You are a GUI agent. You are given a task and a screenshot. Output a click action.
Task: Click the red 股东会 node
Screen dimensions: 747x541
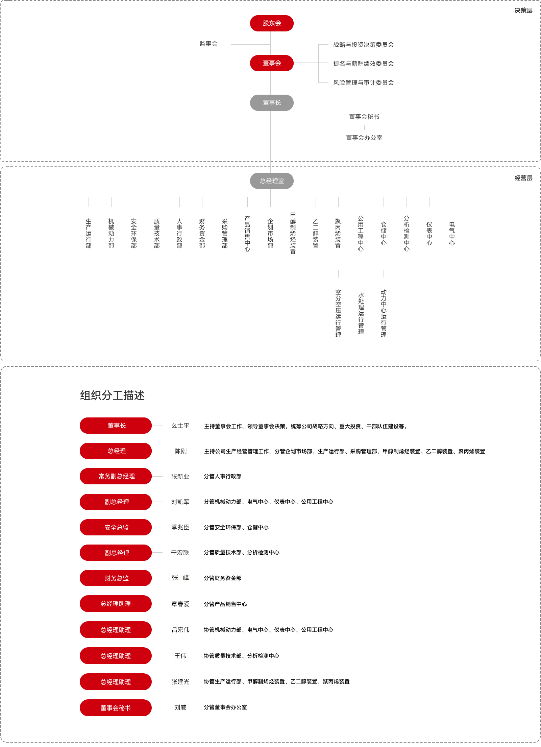coord(272,23)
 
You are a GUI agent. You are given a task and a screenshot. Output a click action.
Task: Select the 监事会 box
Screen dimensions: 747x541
coord(209,44)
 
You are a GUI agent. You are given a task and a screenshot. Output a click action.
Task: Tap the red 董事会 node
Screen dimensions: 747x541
coord(272,63)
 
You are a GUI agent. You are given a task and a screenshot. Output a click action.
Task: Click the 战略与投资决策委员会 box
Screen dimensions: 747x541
coord(364,45)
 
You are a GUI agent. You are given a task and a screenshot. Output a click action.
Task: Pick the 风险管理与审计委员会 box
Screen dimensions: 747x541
coord(364,83)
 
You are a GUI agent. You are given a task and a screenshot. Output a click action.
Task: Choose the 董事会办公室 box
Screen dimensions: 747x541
coord(364,138)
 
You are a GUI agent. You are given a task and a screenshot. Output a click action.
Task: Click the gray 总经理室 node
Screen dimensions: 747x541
coord(272,181)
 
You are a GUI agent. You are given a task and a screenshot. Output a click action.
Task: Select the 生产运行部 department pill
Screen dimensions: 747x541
coord(89,233)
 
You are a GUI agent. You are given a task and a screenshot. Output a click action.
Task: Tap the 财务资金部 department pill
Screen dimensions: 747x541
coord(202,233)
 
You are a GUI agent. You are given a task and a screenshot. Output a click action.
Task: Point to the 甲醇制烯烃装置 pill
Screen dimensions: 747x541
coord(293,233)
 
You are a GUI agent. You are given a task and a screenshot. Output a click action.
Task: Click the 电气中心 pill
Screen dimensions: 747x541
coord(452,233)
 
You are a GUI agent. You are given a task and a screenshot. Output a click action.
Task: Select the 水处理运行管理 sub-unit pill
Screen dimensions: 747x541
coord(361,313)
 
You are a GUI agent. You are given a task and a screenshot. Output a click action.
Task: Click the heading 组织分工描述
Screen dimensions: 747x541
coord(112,395)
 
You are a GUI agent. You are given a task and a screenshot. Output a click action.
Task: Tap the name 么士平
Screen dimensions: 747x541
coord(180,426)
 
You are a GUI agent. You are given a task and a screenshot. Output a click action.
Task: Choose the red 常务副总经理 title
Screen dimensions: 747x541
coord(116,476)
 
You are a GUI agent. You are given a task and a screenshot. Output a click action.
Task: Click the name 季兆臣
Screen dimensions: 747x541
coord(180,527)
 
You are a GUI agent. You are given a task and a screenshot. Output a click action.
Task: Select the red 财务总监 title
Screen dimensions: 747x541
coord(116,578)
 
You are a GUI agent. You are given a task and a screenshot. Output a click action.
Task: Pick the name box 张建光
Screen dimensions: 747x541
coord(180,682)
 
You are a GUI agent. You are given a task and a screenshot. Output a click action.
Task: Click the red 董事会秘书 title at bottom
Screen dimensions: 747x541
coord(116,708)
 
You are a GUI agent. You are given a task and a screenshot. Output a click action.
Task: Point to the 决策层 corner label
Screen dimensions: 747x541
coord(523,10)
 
